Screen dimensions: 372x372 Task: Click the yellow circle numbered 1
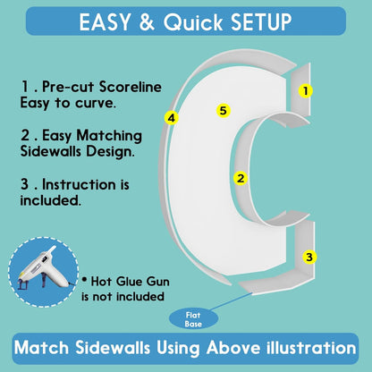click(x=306, y=90)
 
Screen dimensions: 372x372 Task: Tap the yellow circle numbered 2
click(x=241, y=178)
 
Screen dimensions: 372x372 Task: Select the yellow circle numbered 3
click(x=309, y=257)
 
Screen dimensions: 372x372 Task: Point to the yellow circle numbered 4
click(x=172, y=118)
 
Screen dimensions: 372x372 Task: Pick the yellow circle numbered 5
click(x=224, y=111)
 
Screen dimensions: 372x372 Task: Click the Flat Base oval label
click(x=193, y=319)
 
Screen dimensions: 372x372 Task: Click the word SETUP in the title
click(x=261, y=21)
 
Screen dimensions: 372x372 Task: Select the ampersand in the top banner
click(x=147, y=21)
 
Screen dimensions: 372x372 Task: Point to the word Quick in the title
click(x=193, y=21)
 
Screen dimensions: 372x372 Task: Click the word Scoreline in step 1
click(x=131, y=87)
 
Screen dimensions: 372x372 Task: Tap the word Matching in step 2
click(x=109, y=136)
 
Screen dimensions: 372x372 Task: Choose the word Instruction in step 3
click(x=79, y=184)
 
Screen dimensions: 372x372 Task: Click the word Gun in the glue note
click(x=157, y=282)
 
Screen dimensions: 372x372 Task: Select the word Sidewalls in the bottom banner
click(x=113, y=348)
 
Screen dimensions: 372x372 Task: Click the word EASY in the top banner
click(x=105, y=21)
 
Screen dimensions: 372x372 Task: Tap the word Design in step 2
click(x=110, y=152)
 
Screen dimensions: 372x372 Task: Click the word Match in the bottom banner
click(x=41, y=348)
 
